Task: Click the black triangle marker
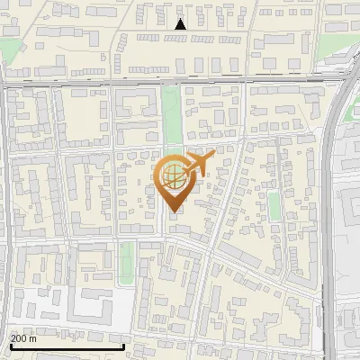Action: (x=180, y=24)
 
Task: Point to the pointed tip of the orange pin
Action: (x=172, y=211)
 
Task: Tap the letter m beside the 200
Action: (x=34, y=338)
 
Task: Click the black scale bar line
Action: (x=67, y=346)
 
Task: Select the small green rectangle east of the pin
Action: (x=274, y=206)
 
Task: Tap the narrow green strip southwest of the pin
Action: (x=127, y=261)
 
